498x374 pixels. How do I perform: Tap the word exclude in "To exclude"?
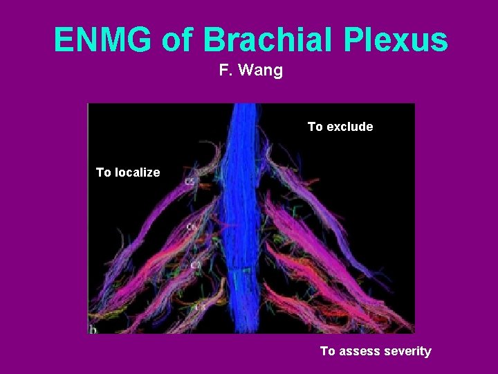(349, 127)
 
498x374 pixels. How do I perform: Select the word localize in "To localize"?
(136, 172)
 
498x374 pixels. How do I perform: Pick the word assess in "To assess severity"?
(356, 351)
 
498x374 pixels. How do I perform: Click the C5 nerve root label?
(189, 182)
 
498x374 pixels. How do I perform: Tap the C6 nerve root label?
(190, 226)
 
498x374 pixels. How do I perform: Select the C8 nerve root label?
(199, 305)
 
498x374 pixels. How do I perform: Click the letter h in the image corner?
(92, 328)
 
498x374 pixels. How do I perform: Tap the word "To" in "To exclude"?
(315, 127)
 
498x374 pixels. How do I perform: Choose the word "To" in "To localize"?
(103, 172)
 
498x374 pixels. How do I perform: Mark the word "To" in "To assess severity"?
(327, 351)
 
